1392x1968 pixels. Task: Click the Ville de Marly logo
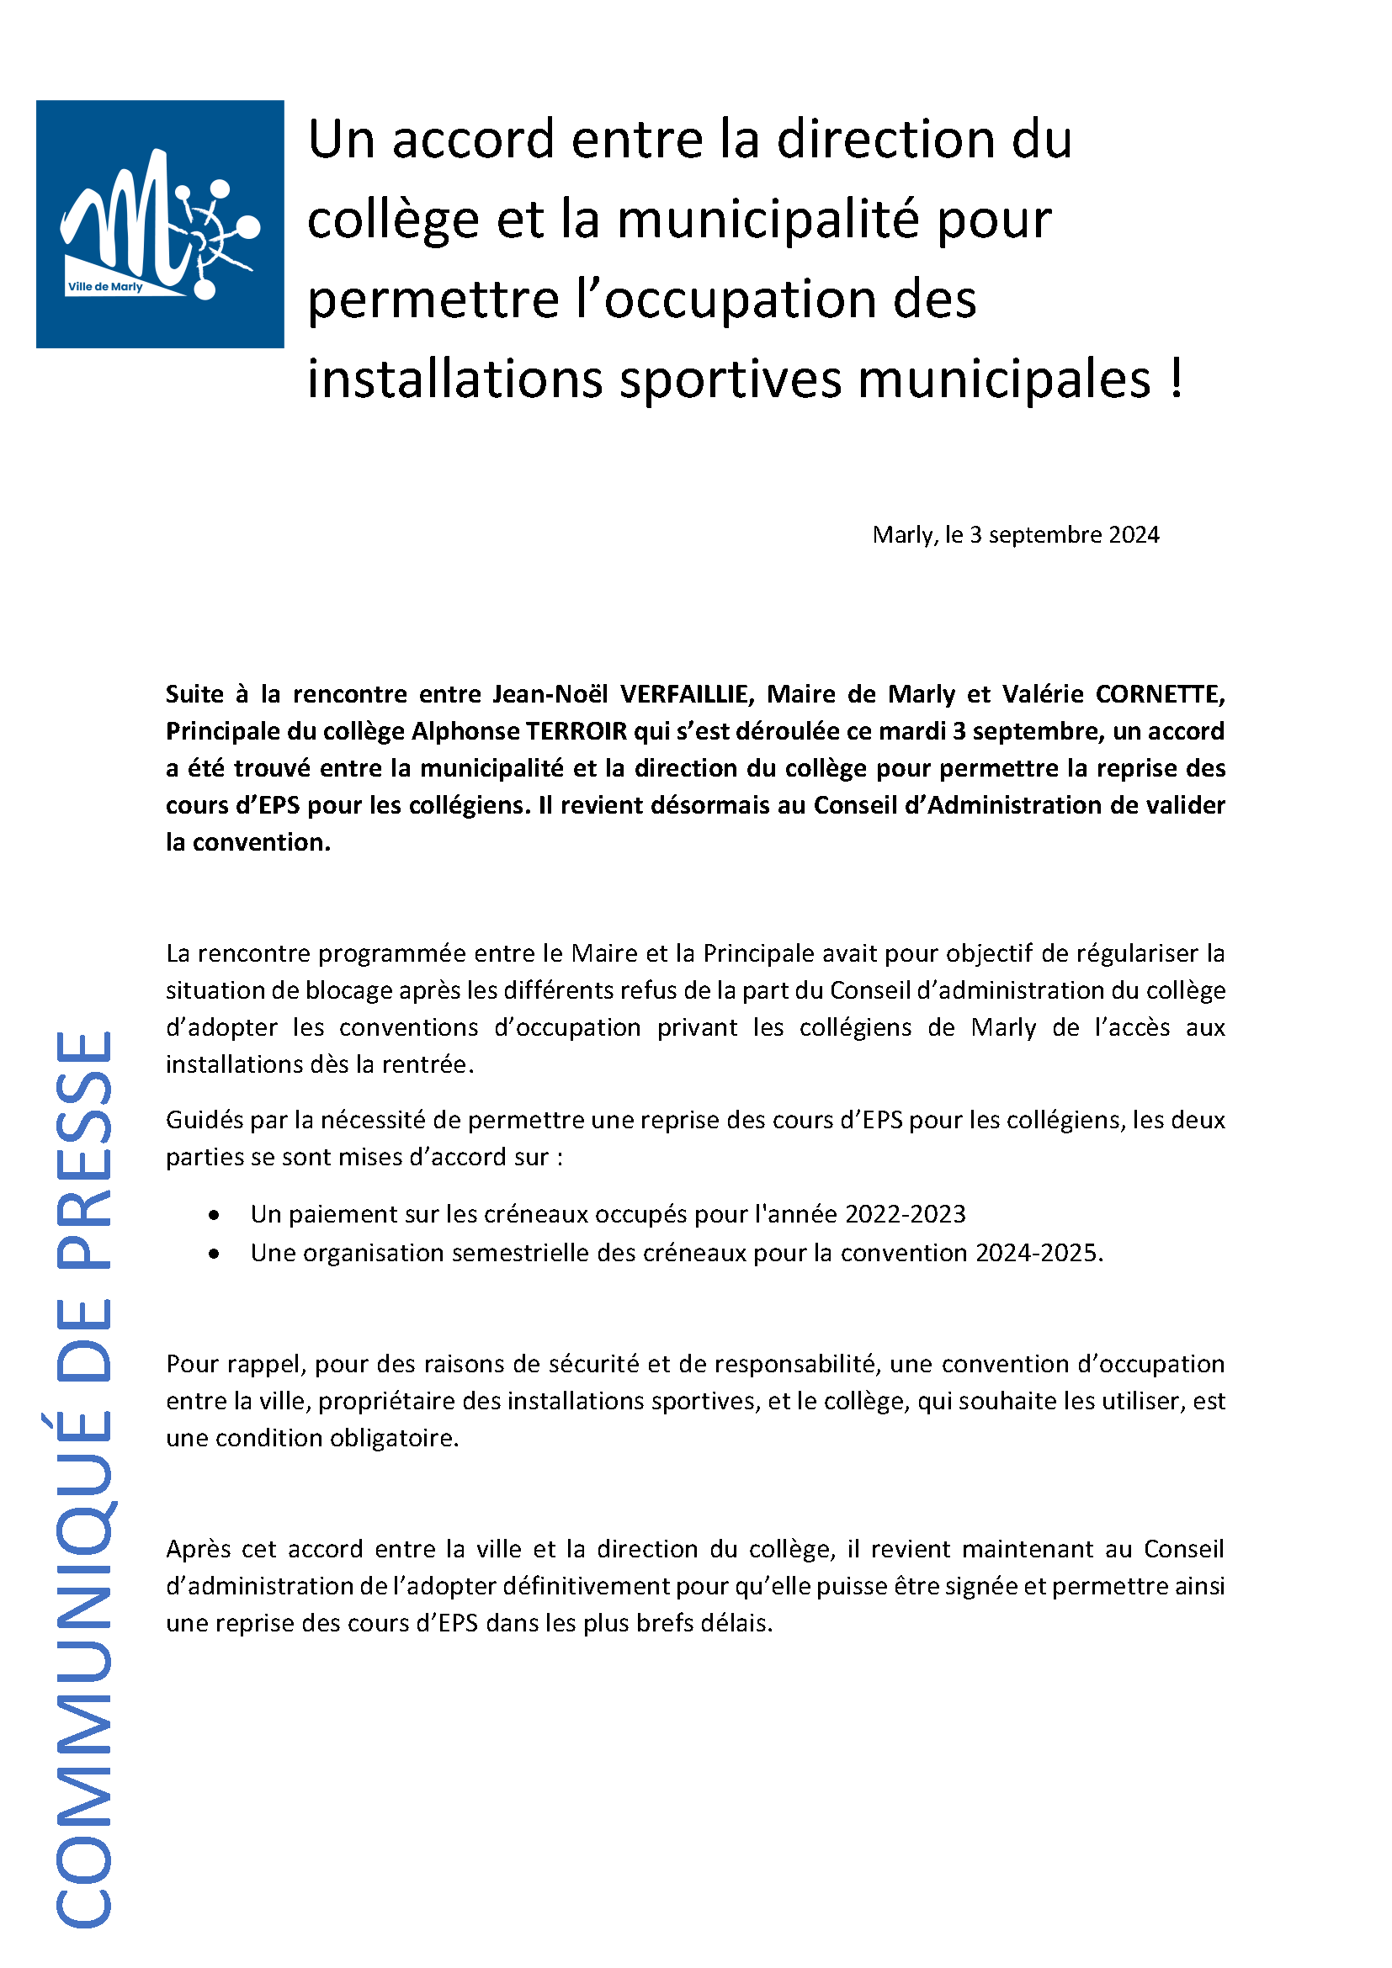coord(159,224)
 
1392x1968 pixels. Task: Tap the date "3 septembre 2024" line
coord(1015,535)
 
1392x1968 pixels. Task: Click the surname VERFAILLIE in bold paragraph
coord(687,693)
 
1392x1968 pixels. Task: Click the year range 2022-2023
coord(906,1214)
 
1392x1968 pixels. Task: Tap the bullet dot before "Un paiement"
coord(214,1215)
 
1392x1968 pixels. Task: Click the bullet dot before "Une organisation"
coord(214,1253)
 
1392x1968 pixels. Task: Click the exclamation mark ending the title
coord(1175,378)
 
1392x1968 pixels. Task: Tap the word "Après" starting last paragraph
coord(198,1549)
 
